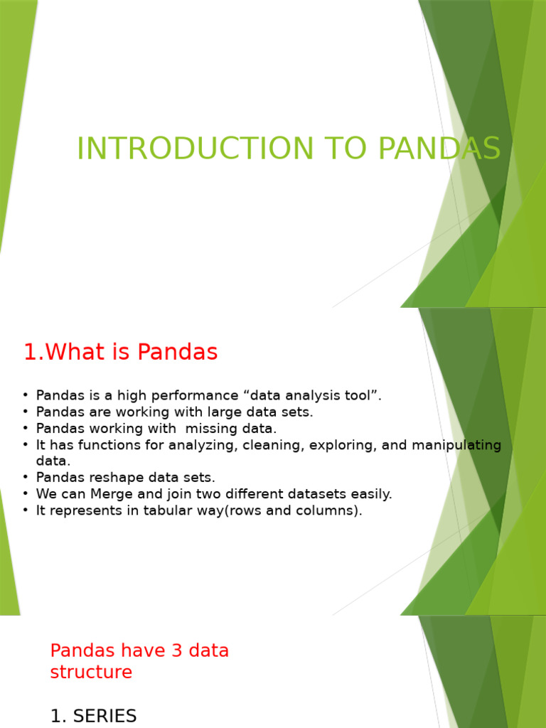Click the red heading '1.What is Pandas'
[x=120, y=352]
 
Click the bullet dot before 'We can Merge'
[x=26, y=494]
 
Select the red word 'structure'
[x=91, y=673]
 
